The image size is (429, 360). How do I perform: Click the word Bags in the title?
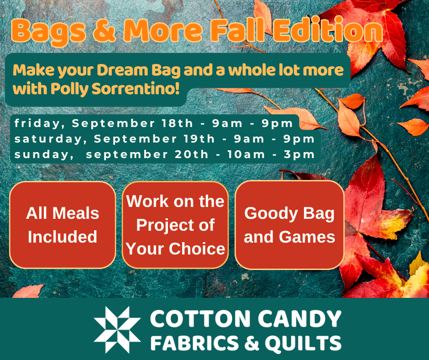(x=49, y=31)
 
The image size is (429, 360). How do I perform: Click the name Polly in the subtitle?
(x=69, y=89)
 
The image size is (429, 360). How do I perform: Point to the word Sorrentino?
(x=136, y=88)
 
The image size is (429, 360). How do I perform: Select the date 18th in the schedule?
(x=177, y=123)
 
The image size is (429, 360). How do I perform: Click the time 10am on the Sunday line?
(x=246, y=154)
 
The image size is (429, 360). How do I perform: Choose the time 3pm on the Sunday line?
(x=299, y=154)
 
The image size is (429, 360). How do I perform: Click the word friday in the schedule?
(x=37, y=123)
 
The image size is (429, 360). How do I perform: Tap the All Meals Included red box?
(x=63, y=225)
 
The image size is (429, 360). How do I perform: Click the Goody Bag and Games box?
(x=289, y=225)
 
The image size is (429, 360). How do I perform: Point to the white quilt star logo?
(x=117, y=329)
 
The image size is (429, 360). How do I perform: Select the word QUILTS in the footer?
(x=303, y=343)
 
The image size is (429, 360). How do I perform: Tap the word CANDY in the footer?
(x=299, y=319)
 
